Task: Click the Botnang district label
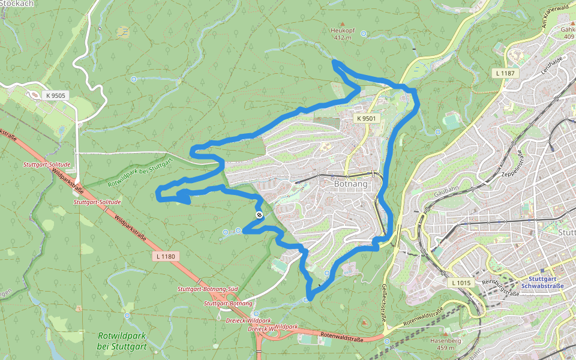(350, 184)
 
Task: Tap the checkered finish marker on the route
(259, 215)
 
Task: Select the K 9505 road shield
(55, 95)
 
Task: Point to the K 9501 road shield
(366, 119)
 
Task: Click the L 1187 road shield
(505, 73)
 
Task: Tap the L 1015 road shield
(461, 282)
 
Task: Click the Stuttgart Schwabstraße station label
(547, 283)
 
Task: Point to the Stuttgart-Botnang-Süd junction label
(208, 289)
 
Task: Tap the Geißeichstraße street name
(382, 302)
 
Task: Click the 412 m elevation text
(343, 38)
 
